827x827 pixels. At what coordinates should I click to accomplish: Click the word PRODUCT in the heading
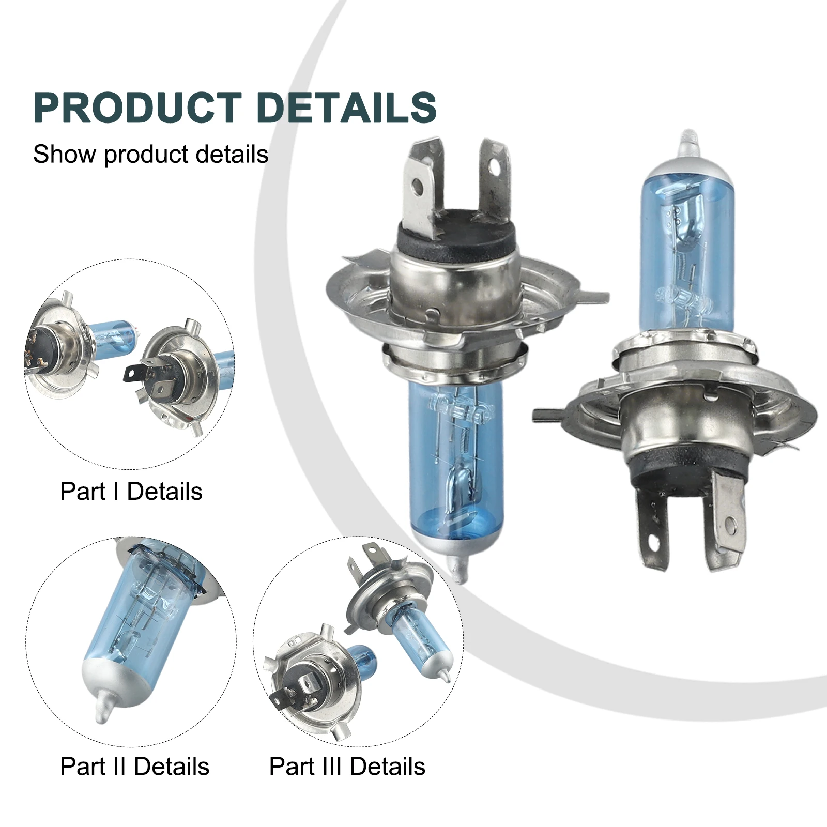(x=137, y=108)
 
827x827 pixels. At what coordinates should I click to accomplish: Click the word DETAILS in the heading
(x=347, y=108)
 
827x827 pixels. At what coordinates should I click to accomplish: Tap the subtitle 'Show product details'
(x=150, y=154)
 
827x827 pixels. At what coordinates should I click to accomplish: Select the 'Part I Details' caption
(x=131, y=491)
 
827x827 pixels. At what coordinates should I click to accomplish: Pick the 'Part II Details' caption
(x=135, y=766)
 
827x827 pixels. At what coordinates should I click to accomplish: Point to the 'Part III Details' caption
(x=347, y=766)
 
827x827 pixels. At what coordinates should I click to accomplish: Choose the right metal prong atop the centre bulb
(x=494, y=178)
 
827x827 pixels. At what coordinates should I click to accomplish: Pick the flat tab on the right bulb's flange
(x=548, y=414)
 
